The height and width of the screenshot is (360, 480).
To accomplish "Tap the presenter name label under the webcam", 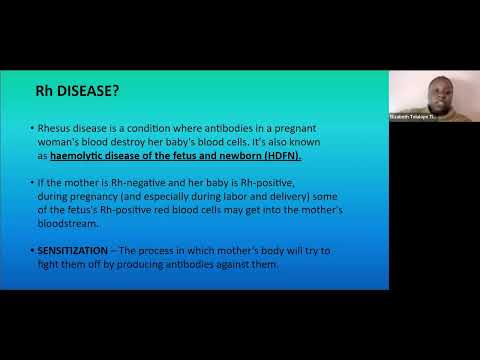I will point(414,116).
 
